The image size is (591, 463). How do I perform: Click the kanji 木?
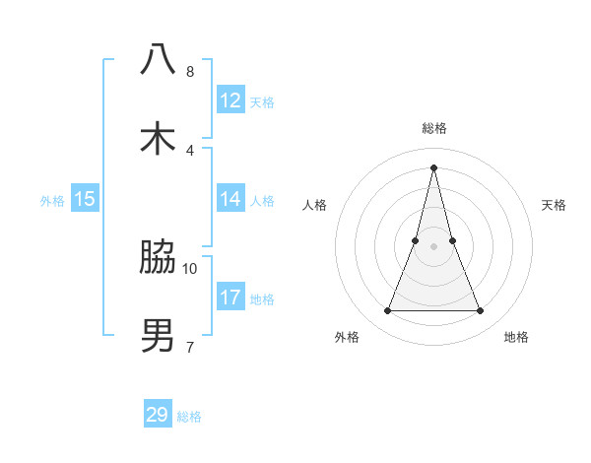point(158,138)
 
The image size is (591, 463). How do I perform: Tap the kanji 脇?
point(158,257)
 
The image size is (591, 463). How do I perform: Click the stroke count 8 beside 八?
point(189,71)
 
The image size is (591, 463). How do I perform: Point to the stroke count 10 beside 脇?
point(190,268)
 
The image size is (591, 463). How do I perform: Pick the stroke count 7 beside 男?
point(189,347)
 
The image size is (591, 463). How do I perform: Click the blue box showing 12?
point(230,100)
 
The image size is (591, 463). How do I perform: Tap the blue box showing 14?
point(230,199)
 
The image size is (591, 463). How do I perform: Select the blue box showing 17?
point(230,298)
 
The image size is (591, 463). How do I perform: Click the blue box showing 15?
point(85,199)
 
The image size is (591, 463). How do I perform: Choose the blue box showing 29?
point(158,415)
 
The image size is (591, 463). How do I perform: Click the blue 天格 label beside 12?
point(262,102)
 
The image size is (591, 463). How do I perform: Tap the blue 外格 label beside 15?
point(52,201)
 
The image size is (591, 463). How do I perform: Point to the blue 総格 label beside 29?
point(189,417)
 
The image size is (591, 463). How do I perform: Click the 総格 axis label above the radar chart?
point(433,128)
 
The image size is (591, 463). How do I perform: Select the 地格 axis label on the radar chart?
point(516,337)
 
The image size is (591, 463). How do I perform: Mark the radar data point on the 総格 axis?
point(433,166)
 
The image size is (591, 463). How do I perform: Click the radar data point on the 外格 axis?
point(387,311)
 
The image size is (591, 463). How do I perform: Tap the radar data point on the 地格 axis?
point(481,311)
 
